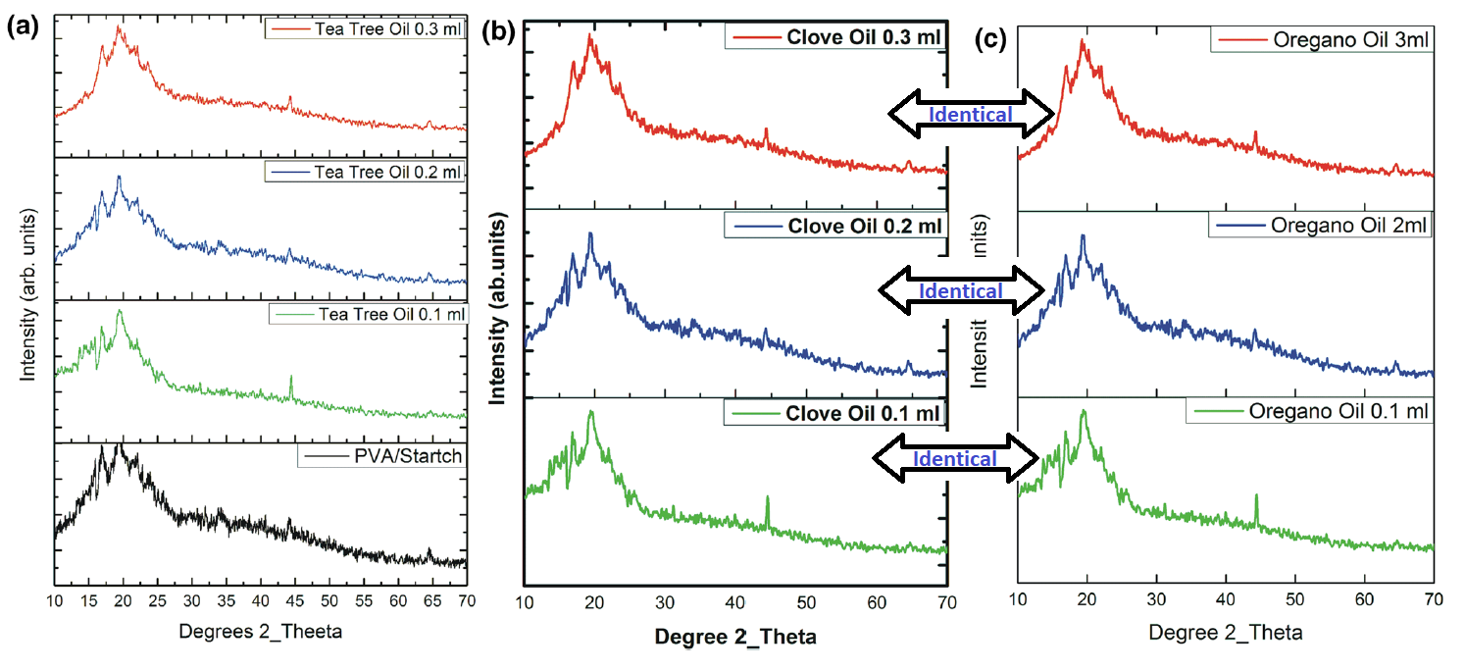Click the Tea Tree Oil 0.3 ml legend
(364, 28)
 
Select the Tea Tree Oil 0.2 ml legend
(364, 173)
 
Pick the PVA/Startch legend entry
(381, 456)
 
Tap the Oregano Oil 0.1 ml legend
(1310, 410)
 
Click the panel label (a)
(22, 26)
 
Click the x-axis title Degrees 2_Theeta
(260, 632)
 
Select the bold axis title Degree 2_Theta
(735, 637)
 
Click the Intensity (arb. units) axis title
(28, 294)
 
